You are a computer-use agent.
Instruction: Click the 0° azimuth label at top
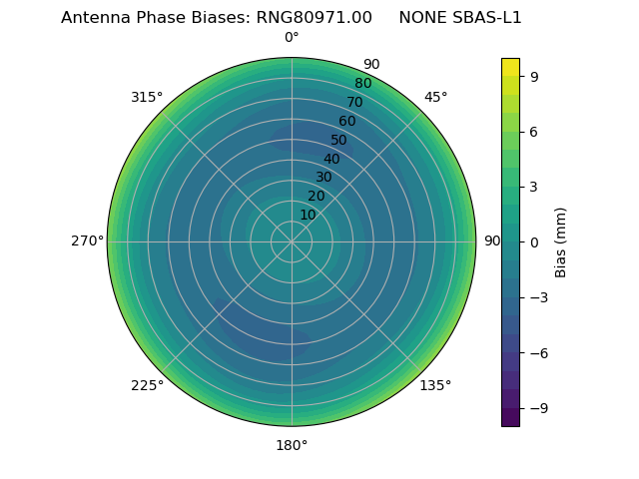[x=292, y=38]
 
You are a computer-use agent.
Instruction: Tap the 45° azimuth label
[x=435, y=98]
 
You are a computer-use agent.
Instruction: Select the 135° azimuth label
[x=435, y=385]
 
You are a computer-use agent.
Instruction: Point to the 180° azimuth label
[x=292, y=445]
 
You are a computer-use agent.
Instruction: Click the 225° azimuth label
[x=147, y=385]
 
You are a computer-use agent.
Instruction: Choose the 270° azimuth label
[x=87, y=241]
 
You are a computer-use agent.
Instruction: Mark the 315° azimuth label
[x=147, y=98]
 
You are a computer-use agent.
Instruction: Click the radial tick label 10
[x=308, y=215]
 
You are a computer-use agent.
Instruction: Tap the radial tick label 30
[x=323, y=178]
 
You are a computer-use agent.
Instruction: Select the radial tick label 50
[x=339, y=141]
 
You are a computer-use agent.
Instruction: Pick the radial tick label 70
[x=355, y=102]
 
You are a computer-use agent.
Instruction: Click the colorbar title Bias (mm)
[x=561, y=242]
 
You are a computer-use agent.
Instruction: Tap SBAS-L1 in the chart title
[x=488, y=18]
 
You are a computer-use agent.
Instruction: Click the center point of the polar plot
[x=292, y=241]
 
